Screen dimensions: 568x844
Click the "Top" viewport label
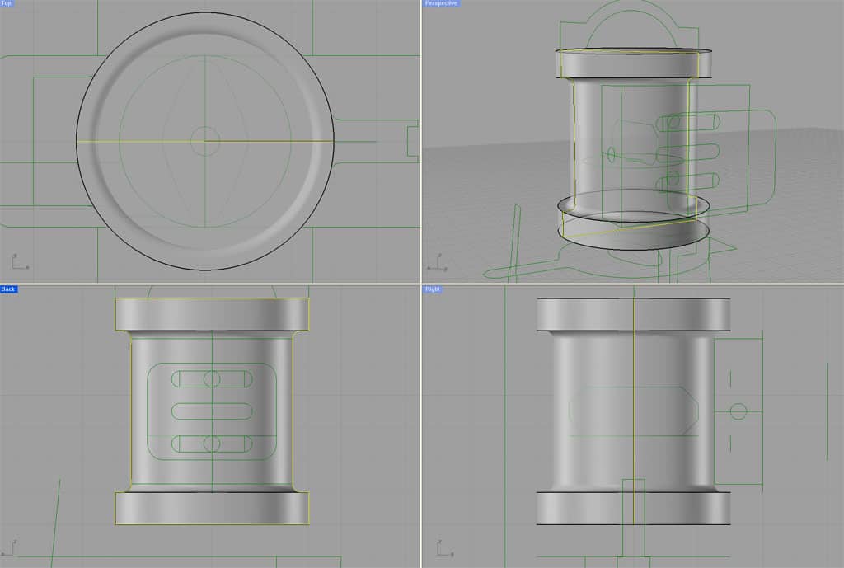point(7,4)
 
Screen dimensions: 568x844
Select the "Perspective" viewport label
point(439,4)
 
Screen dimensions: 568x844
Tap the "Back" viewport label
point(8,289)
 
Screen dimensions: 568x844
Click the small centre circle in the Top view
point(204,140)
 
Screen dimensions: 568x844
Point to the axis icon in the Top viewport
point(18,261)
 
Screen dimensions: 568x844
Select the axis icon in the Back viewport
point(11,547)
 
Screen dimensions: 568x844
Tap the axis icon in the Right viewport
point(441,547)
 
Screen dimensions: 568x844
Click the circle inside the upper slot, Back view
point(212,379)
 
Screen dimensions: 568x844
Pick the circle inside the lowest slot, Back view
point(212,444)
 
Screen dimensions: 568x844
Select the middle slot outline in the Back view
point(212,411)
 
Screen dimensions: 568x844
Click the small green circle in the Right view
point(738,411)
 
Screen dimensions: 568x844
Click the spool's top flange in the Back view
point(212,314)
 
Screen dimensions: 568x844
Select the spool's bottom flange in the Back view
point(212,508)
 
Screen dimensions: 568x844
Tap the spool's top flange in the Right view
point(633,314)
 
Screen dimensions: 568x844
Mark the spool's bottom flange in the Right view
point(633,508)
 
